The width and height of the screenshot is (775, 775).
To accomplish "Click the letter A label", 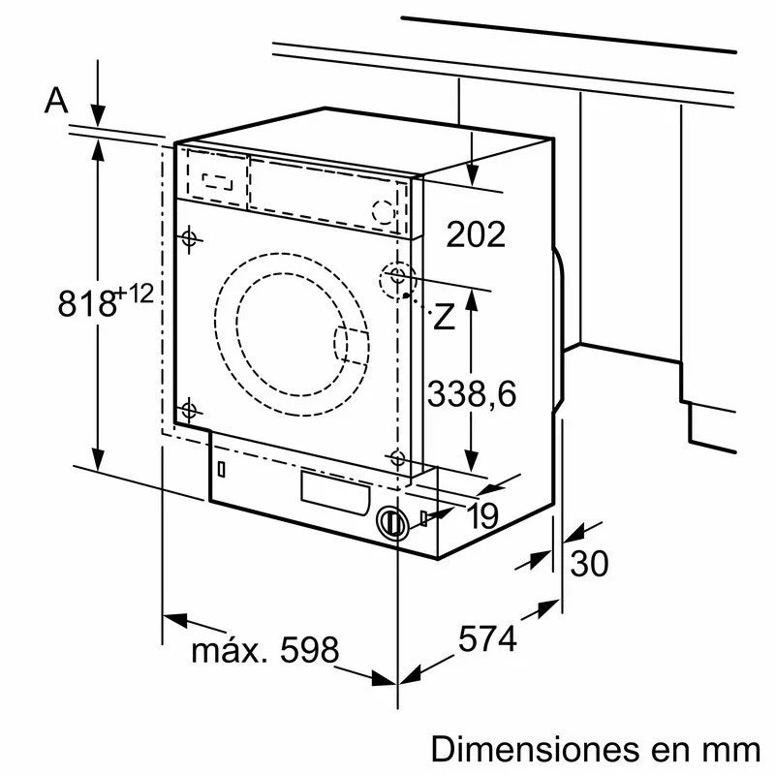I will point(57,100).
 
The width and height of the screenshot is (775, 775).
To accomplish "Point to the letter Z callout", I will point(444,316).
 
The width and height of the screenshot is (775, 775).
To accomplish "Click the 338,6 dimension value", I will point(472,393).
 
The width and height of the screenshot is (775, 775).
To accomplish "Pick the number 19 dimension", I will point(481,517).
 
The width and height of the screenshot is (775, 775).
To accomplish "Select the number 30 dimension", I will point(590,563).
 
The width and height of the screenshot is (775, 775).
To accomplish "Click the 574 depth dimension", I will point(487,638).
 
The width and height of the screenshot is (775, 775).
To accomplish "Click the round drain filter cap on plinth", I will point(391,522).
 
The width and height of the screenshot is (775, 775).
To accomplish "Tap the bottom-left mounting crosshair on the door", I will point(189,409).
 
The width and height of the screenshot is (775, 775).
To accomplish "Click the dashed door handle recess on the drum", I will point(351,345).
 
